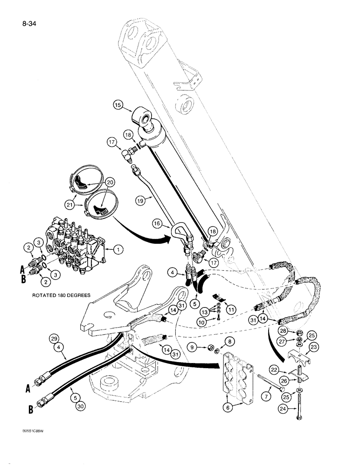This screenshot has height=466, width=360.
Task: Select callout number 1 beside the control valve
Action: [x=119, y=250]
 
